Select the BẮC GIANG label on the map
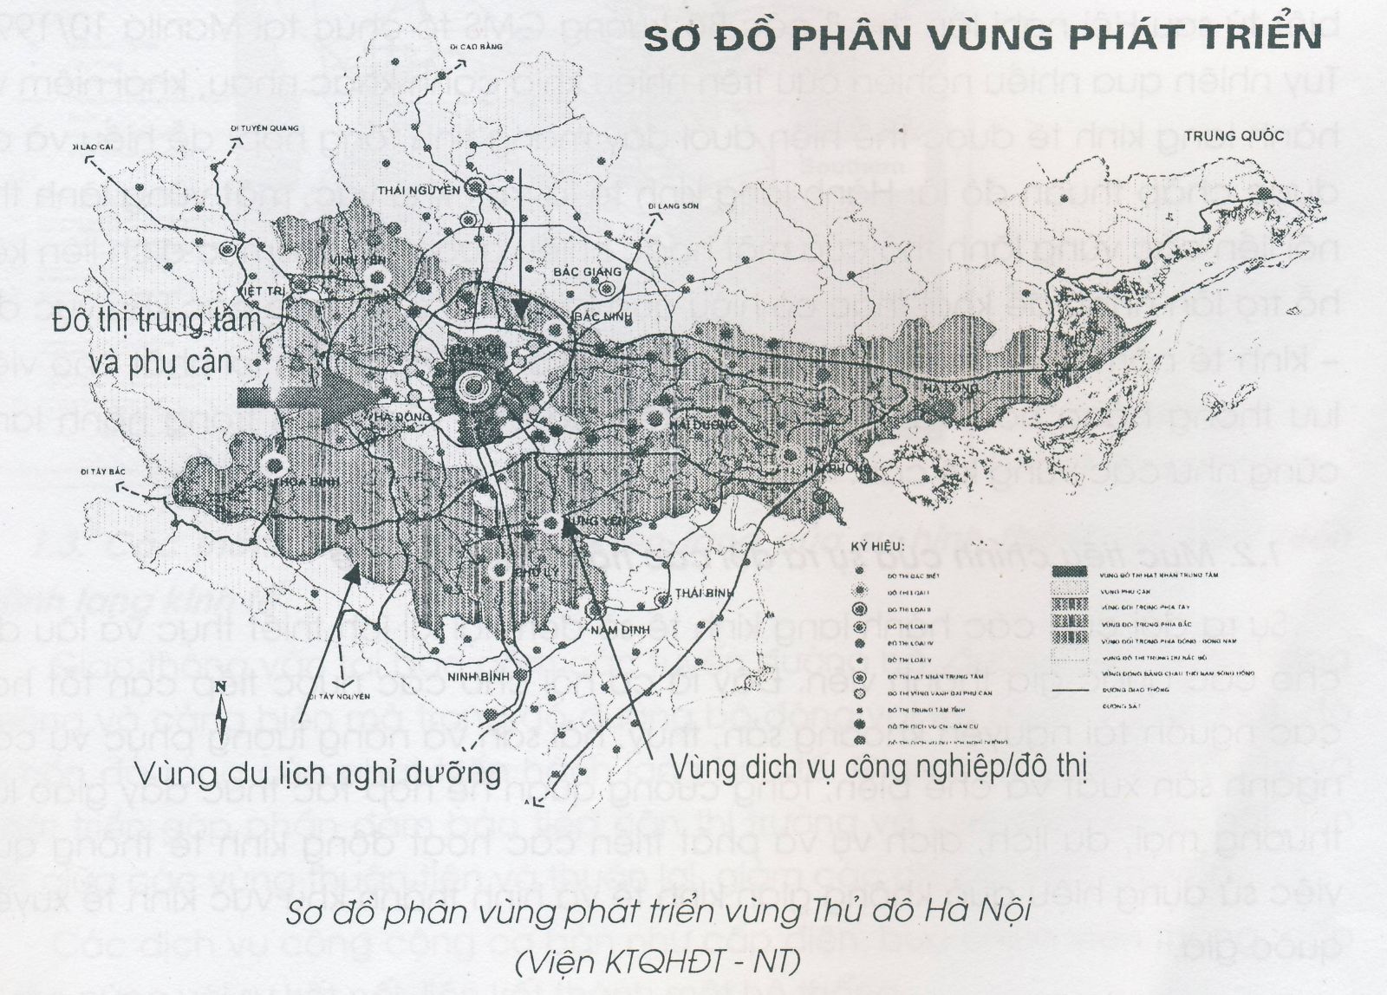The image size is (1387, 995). pyautogui.click(x=588, y=272)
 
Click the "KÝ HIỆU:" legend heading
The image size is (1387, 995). pyautogui.click(x=877, y=547)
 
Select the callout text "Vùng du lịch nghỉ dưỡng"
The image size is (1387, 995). pyautogui.click(x=320, y=770)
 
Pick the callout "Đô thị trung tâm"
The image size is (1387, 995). pyautogui.click(x=157, y=320)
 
